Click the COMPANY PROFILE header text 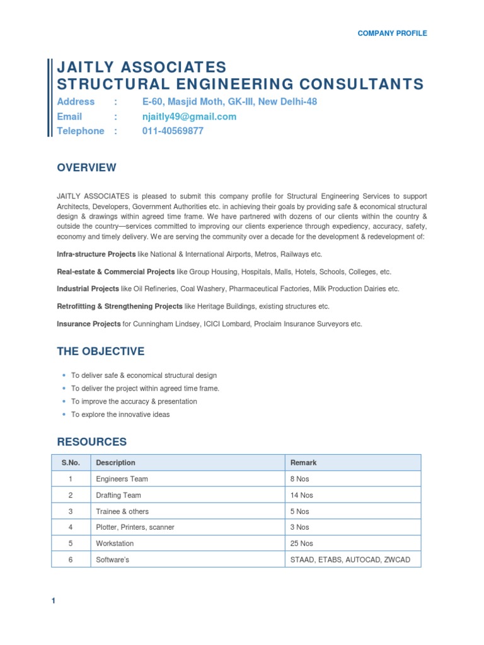(392, 33)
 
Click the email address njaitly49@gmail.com (189, 117)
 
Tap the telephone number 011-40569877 (173, 131)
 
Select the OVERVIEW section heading (86, 168)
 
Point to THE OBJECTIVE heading (100, 351)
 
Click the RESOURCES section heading (91, 442)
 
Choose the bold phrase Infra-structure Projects (96, 254)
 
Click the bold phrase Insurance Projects (88, 324)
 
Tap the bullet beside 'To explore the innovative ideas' (64, 414)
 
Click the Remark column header (303, 462)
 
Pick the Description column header (115, 462)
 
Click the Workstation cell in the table (115, 544)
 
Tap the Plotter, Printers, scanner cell (135, 527)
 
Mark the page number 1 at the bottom (54, 601)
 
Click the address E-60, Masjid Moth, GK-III (229, 101)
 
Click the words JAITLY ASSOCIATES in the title (141, 67)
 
